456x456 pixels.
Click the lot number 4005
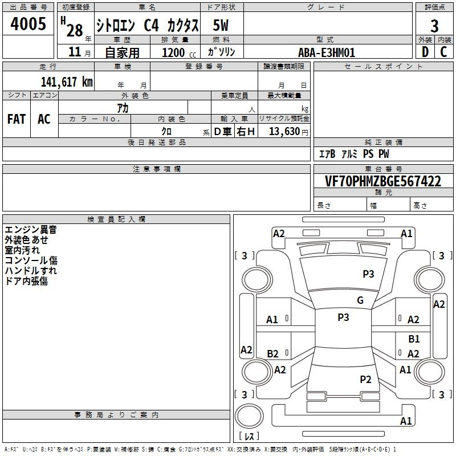point(28,25)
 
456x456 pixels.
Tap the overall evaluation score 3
point(434,26)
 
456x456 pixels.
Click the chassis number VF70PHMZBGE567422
point(384,182)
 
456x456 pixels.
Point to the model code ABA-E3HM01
point(327,52)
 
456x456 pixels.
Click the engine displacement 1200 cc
point(177,53)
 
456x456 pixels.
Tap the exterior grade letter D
point(425,52)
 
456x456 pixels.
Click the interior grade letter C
point(443,52)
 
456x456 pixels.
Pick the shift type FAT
point(17,119)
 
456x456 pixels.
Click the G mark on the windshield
point(360,300)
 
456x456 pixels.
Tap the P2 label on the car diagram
point(366,379)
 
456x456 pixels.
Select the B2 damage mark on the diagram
point(273,354)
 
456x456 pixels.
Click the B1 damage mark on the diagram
point(414,339)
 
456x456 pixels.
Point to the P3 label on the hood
point(368,274)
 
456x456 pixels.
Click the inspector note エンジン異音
point(31,230)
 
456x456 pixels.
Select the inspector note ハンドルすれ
point(31,271)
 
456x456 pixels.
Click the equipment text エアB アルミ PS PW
point(354,154)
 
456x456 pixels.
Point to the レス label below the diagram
point(249,437)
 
